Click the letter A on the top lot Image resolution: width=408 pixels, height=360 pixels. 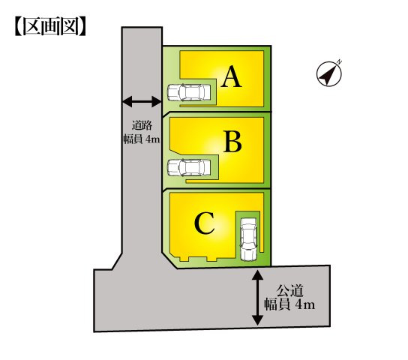pos(232,76)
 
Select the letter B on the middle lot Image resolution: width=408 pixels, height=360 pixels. pos(232,142)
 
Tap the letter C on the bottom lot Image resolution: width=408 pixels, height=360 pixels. pos(205,223)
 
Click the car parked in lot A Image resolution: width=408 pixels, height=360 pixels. pos(189,92)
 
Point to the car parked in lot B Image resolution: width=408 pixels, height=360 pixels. pos(189,167)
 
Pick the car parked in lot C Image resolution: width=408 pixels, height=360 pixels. pos(249,239)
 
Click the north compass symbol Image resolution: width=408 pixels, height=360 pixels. pos(328,73)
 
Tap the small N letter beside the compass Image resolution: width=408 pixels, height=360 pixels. pos(339,62)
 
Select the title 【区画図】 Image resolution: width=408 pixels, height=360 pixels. pos(50,26)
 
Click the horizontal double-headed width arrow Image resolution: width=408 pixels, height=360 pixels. pos(142,101)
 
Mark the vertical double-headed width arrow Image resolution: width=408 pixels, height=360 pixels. pos(257,298)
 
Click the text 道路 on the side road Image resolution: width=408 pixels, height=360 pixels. pos(142,125)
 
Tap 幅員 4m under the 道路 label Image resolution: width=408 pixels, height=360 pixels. pos(142,139)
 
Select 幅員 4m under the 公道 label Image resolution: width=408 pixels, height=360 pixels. pos(289,304)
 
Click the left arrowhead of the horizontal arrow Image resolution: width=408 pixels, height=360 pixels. pos(127,101)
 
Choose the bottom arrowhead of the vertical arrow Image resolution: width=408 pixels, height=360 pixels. pos(257,320)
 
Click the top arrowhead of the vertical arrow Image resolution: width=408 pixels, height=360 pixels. pos(257,275)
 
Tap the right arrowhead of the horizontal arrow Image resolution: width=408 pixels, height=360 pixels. pos(157,101)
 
